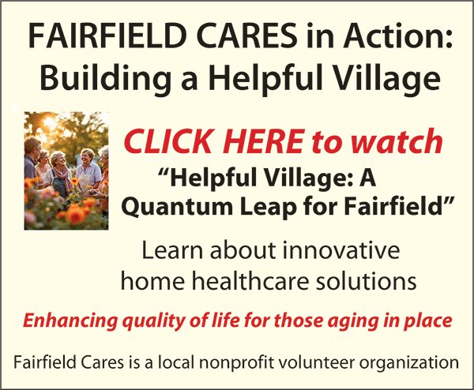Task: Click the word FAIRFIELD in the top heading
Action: pyautogui.click(x=107, y=36)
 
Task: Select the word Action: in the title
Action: pyautogui.click(x=398, y=36)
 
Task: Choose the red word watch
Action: pyautogui.click(x=397, y=141)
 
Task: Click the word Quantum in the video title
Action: pyautogui.click(x=177, y=207)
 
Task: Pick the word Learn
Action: pyautogui.click(x=172, y=250)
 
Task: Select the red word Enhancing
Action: pyautogui.click(x=70, y=321)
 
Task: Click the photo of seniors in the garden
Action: pyautogui.click(x=66, y=171)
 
